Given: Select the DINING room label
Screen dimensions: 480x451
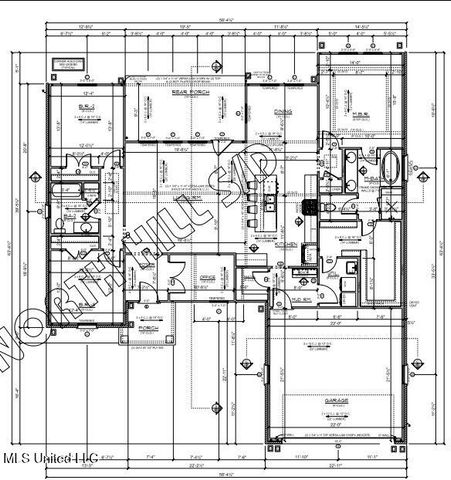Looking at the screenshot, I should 282,112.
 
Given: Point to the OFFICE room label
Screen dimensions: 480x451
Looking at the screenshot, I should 209,277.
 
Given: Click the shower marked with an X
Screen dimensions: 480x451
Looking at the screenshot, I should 391,208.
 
